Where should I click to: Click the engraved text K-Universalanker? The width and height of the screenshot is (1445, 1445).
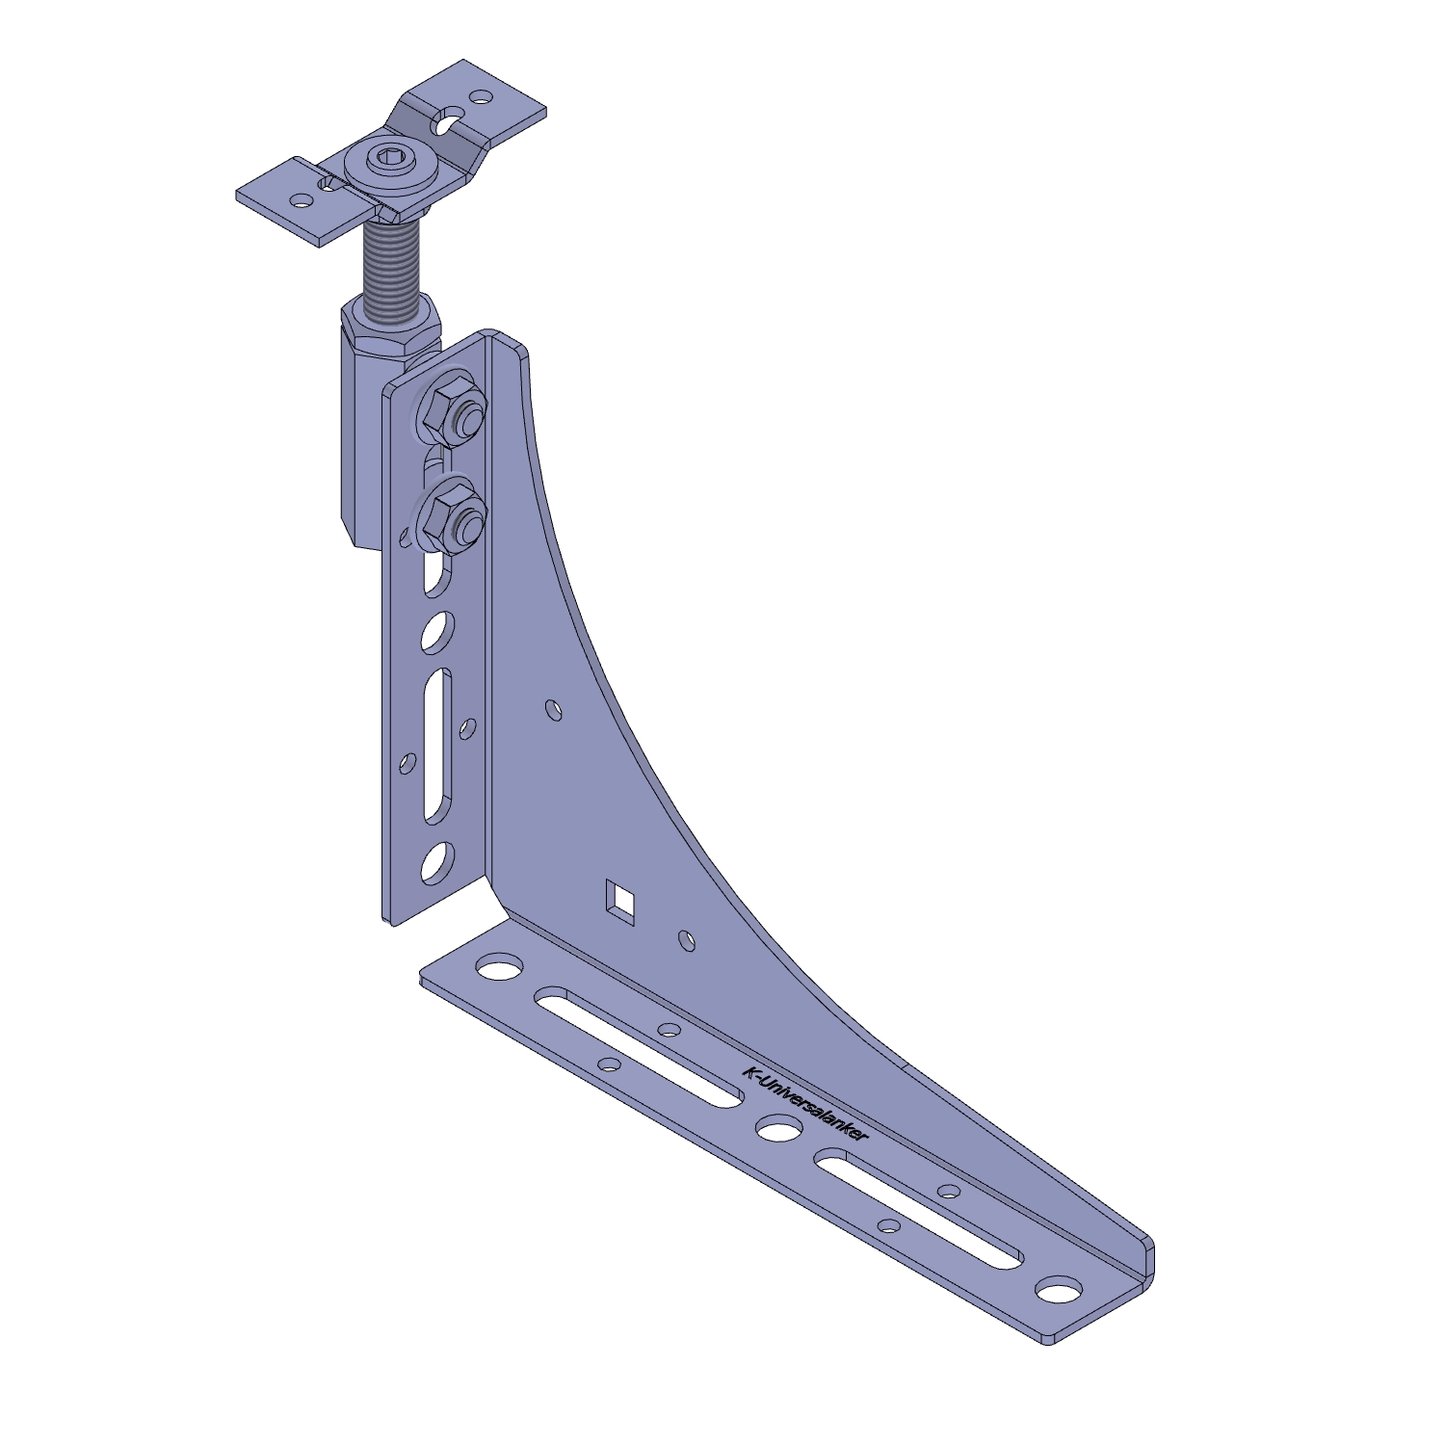click(x=805, y=1104)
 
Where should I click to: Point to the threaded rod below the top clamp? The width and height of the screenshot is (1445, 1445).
click(x=391, y=265)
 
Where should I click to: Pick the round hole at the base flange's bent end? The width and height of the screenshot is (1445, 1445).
click(x=1059, y=1290)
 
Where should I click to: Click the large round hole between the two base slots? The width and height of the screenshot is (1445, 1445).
click(x=779, y=1128)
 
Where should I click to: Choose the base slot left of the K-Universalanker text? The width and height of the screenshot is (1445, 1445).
click(x=640, y=1045)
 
